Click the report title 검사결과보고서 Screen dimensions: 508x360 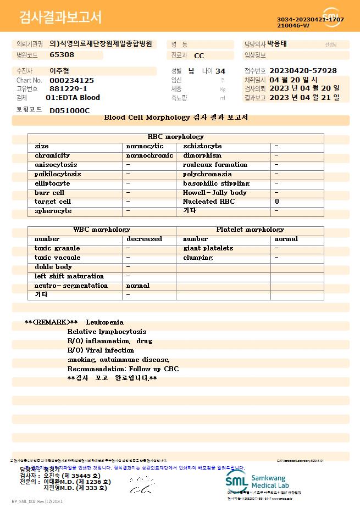click(60, 18)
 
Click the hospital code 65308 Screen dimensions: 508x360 click(62, 55)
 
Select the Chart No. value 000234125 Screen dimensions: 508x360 click(71, 80)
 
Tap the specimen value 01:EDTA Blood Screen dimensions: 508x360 click(73, 98)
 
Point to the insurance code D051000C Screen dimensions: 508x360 click(69, 110)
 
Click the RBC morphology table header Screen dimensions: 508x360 click(176, 137)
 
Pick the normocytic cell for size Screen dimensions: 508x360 click(145, 146)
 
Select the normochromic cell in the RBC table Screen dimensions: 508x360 click(149, 155)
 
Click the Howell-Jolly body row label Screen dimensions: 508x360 click(214, 193)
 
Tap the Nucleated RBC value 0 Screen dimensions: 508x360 click(277, 202)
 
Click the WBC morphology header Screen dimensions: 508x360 click(102, 230)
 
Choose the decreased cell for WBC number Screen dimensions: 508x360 click(144, 239)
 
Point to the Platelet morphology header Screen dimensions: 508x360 click(250, 230)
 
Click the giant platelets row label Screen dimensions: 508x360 click(208, 248)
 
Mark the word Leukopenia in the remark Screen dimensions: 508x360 click(105, 322)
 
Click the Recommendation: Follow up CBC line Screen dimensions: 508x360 click(123, 369)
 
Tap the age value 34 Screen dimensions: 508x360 click(220, 71)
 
